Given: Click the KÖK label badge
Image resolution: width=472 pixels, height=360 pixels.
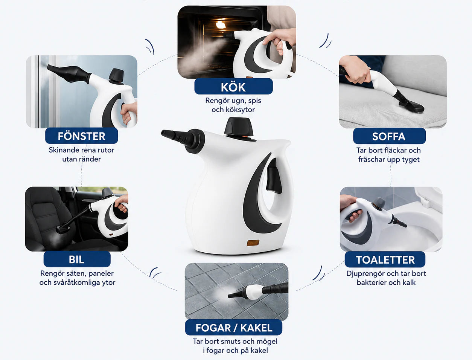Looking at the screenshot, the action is [233, 87].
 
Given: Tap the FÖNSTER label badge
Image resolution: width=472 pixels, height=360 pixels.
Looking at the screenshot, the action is [82, 136].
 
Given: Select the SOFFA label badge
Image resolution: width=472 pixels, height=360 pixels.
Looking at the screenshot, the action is [389, 136].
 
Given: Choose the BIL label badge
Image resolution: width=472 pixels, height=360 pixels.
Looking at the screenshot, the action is [77, 259].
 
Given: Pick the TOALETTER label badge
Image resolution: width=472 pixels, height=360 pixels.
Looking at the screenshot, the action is [385, 259].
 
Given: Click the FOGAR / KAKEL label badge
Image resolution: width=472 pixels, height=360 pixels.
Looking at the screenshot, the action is [233, 328].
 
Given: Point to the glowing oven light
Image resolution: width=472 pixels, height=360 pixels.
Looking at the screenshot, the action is [221, 25].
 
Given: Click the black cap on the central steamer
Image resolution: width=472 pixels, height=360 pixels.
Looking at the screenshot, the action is [239, 127].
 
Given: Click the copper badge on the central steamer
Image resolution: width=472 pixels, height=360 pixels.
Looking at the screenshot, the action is [253, 243].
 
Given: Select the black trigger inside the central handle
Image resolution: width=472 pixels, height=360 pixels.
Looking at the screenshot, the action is [274, 176].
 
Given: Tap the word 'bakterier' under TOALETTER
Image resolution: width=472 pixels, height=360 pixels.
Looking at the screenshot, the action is [370, 282].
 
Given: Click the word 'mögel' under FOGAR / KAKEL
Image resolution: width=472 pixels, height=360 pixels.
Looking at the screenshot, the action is [266, 342].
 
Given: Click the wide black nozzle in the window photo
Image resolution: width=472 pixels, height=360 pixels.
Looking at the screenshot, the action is [69, 73].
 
